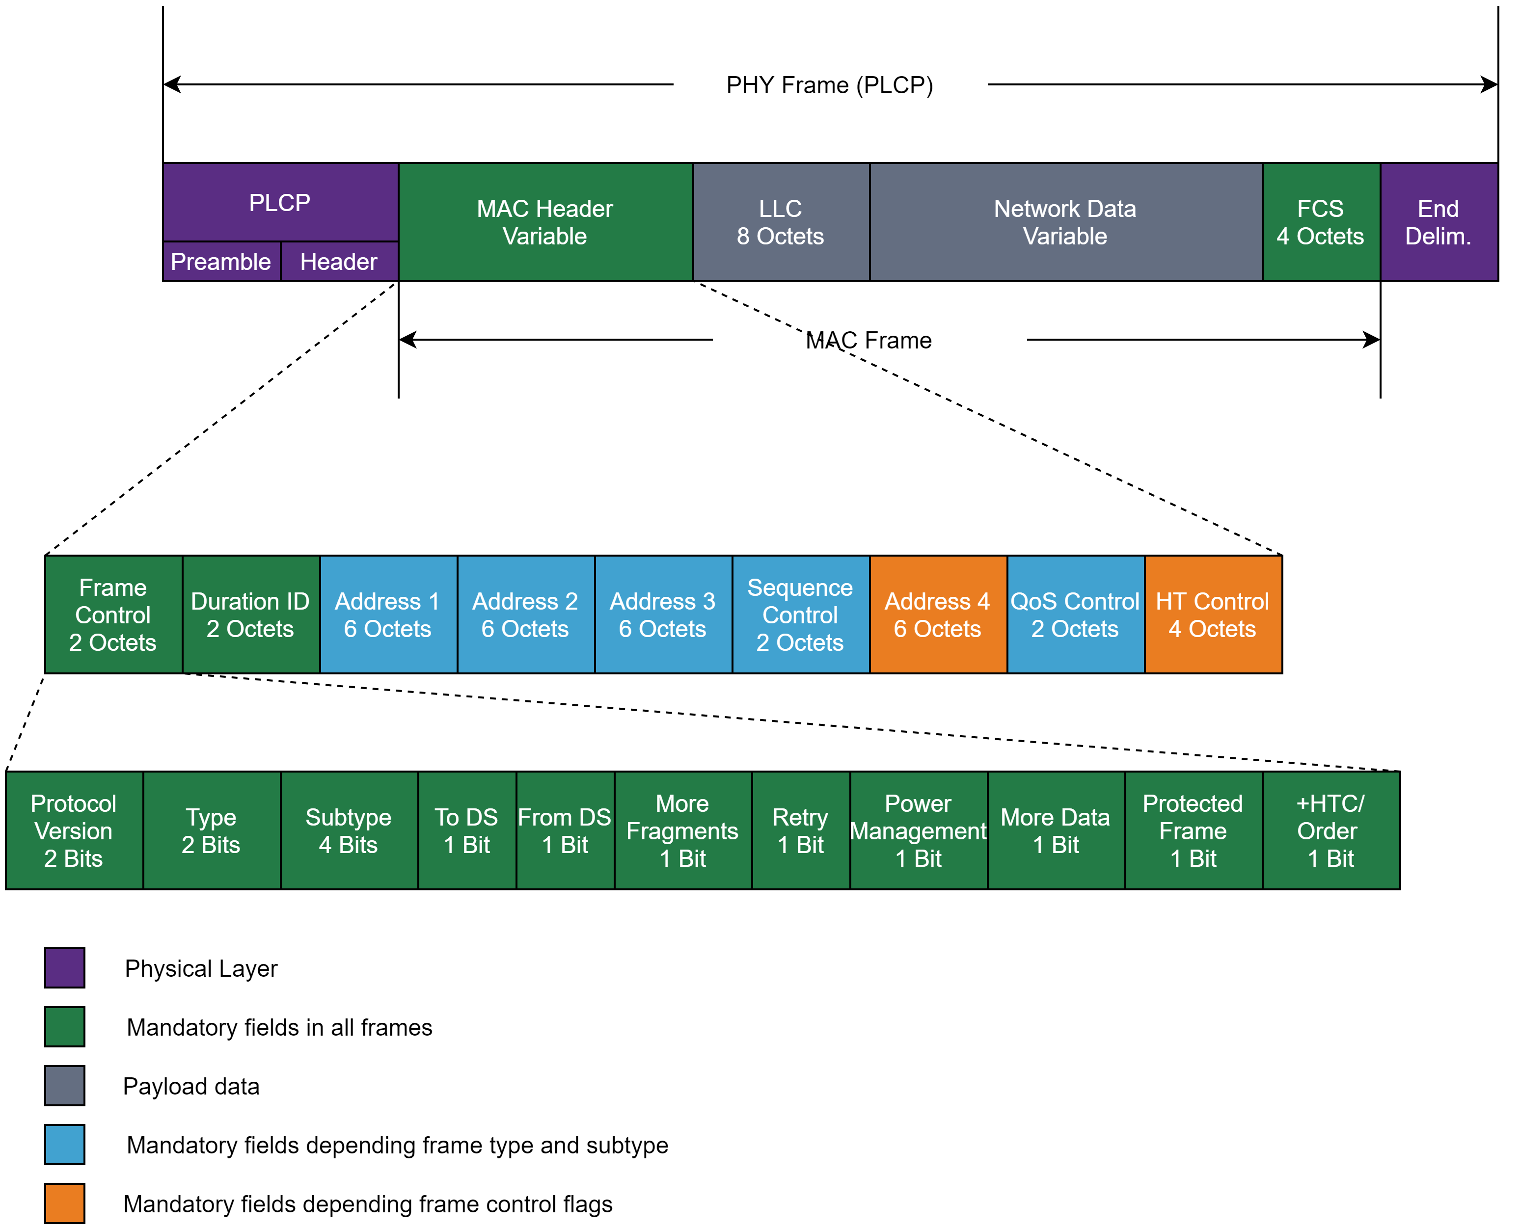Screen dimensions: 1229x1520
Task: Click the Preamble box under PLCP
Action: (x=221, y=261)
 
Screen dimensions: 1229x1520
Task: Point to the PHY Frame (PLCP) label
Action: (x=829, y=85)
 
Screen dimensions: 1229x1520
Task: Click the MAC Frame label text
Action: (x=868, y=341)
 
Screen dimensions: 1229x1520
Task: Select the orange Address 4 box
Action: (x=937, y=614)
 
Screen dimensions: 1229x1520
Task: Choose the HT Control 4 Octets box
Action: (x=1212, y=614)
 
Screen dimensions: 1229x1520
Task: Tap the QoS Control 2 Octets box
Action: (x=1075, y=614)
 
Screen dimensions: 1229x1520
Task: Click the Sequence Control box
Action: (x=800, y=614)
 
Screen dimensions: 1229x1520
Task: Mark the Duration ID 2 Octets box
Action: (x=250, y=614)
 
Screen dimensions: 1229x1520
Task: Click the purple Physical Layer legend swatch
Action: (x=64, y=968)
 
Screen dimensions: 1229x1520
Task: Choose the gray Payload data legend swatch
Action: (x=64, y=1085)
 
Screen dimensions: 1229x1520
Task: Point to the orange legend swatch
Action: (x=64, y=1203)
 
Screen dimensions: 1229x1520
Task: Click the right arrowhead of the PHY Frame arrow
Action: (x=1490, y=85)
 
